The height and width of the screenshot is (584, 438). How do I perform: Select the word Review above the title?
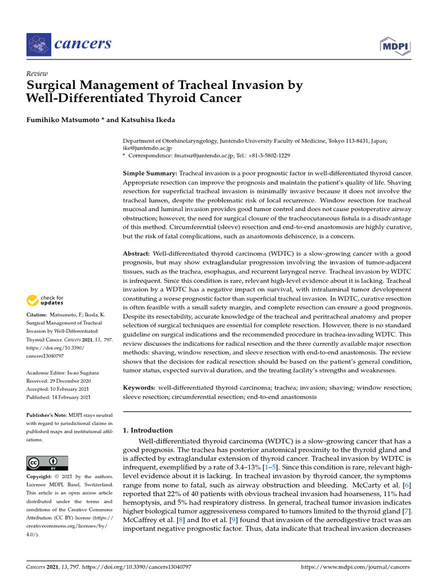(x=36, y=74)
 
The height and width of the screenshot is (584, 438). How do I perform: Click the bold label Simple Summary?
(x=150, y=173)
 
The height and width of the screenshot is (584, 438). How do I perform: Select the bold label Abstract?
(x=137, y=253)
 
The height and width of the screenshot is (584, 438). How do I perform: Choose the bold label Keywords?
(x=140, y=388)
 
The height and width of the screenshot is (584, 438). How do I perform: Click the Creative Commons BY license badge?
(x=47, y=463)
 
